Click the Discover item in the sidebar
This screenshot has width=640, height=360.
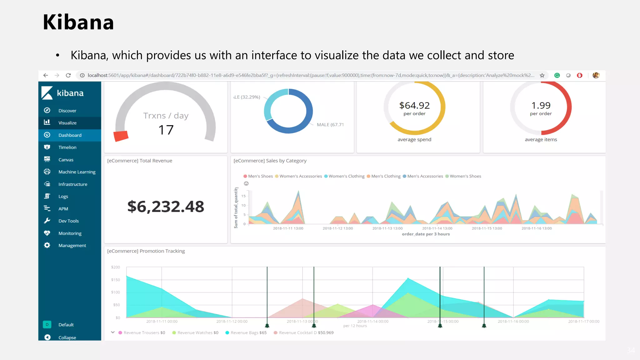(67, 111)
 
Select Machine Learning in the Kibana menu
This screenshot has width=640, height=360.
(77, 172)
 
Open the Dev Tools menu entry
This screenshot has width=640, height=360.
(68, 221)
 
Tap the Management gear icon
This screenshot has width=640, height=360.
(47, 245)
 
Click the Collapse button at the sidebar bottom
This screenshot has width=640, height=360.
(67, 337)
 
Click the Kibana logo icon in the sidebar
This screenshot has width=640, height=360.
(47, 93)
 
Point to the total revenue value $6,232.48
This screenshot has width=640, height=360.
(166, 207)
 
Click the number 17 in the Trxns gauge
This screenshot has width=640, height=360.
(166, 130)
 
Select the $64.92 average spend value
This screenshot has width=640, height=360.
(414, 106)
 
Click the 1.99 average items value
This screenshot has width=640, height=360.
(541, 106)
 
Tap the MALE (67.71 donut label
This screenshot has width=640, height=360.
(330, 125)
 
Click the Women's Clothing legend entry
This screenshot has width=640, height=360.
(346, 176)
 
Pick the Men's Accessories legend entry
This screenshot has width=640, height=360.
(425, 176)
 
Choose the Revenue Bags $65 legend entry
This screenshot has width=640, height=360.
(248, 332)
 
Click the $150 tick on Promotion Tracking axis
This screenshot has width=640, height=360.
(116, 280)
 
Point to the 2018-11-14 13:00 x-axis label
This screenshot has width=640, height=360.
(437, 228)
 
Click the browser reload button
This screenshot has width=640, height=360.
(68, 75)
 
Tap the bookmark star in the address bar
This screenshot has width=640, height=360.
(542, 75)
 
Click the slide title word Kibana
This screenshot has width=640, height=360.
(78, 22)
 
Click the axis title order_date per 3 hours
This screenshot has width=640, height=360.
(426, 234)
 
